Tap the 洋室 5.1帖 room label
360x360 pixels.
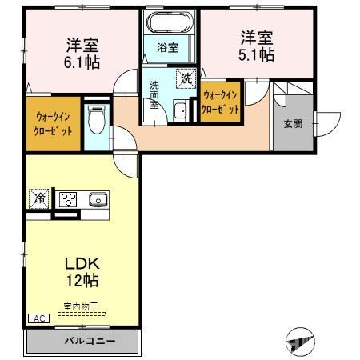tap(257, 46)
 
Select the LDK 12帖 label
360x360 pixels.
tap(83, 271)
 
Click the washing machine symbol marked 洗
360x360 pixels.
tap(186, 78)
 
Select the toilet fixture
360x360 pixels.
tap(96, 122)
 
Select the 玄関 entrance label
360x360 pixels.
tap(292, 123)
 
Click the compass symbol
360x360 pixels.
tap(301, 342)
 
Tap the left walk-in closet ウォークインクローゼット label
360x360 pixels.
tap(53, 123)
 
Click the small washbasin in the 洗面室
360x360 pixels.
tap(180, 111)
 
